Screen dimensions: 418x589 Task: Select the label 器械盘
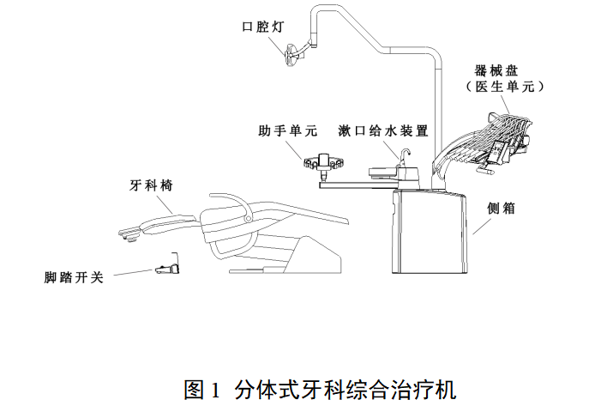coord(500,70)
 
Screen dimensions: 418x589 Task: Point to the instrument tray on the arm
coord(493,137)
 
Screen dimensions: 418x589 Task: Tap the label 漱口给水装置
coord(383,131)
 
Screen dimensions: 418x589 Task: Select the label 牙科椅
coord(147,185)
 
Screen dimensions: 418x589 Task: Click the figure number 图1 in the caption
coord(203,391)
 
